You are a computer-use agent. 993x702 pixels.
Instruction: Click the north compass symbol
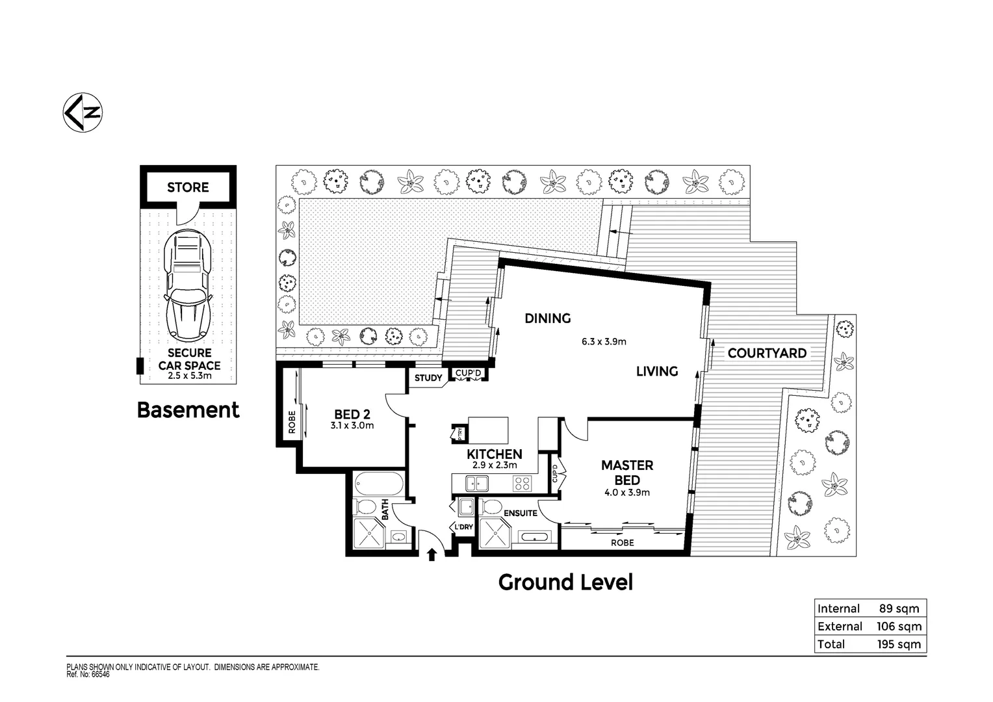click(84, 112)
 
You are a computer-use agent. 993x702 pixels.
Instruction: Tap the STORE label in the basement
click(188, 187)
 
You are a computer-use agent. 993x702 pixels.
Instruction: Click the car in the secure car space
click(188, 285)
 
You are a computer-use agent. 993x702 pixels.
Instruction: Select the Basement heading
click(188, 410)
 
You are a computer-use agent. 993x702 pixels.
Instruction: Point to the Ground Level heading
click(565, 582)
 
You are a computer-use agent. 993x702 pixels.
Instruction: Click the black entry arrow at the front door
click(431, 553)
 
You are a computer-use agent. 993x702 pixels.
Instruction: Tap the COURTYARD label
click(767, 353)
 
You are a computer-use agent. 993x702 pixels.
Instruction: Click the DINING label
click(548, 318)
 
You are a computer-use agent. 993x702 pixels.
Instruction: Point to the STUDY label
click(428, 378)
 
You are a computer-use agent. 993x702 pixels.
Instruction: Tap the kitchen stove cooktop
click(522, 483)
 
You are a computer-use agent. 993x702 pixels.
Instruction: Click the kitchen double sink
click(477, 483)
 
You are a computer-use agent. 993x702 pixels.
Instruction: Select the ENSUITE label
click(521, 513)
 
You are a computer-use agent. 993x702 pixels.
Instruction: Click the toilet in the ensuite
click(491, 506)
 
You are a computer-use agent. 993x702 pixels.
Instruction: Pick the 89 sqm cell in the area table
click(899, 608)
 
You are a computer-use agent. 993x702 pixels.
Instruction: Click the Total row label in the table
click(831, 644)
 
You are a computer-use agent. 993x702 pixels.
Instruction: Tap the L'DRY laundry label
click(463, 526)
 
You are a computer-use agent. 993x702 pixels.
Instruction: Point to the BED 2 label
click(352, 414)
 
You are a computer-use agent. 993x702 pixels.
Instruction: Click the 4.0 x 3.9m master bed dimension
click(626, 492)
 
